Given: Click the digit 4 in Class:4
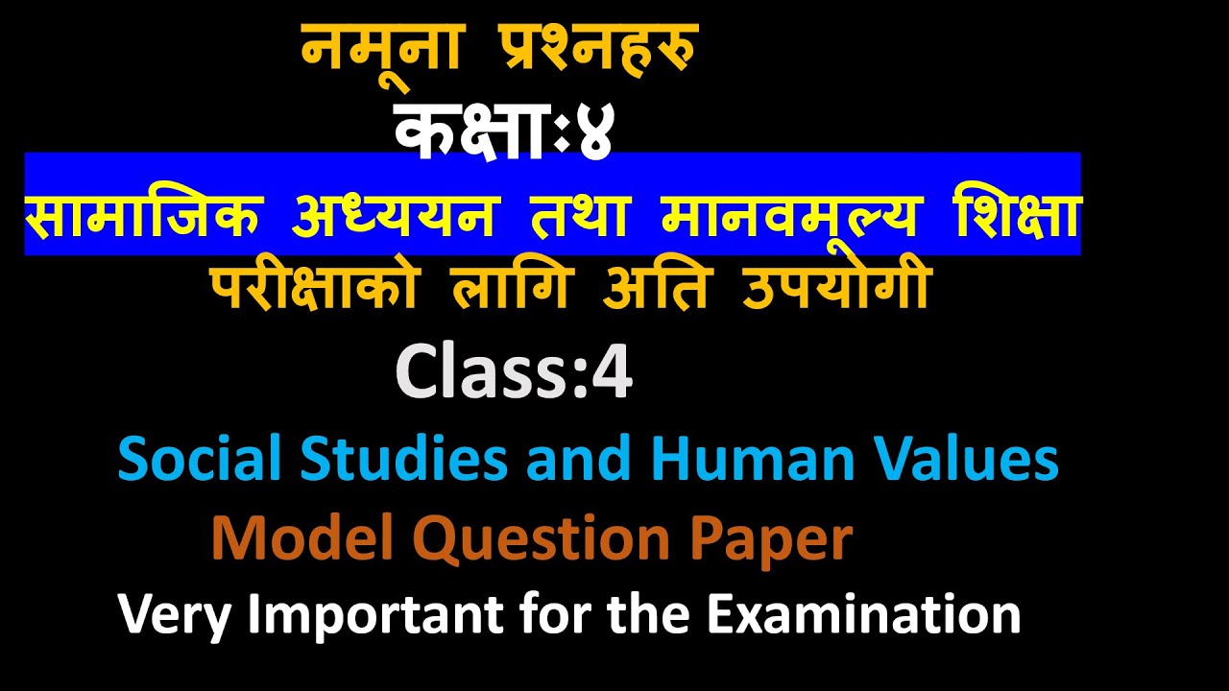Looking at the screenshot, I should pyautogui.click(x=612, y=374).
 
